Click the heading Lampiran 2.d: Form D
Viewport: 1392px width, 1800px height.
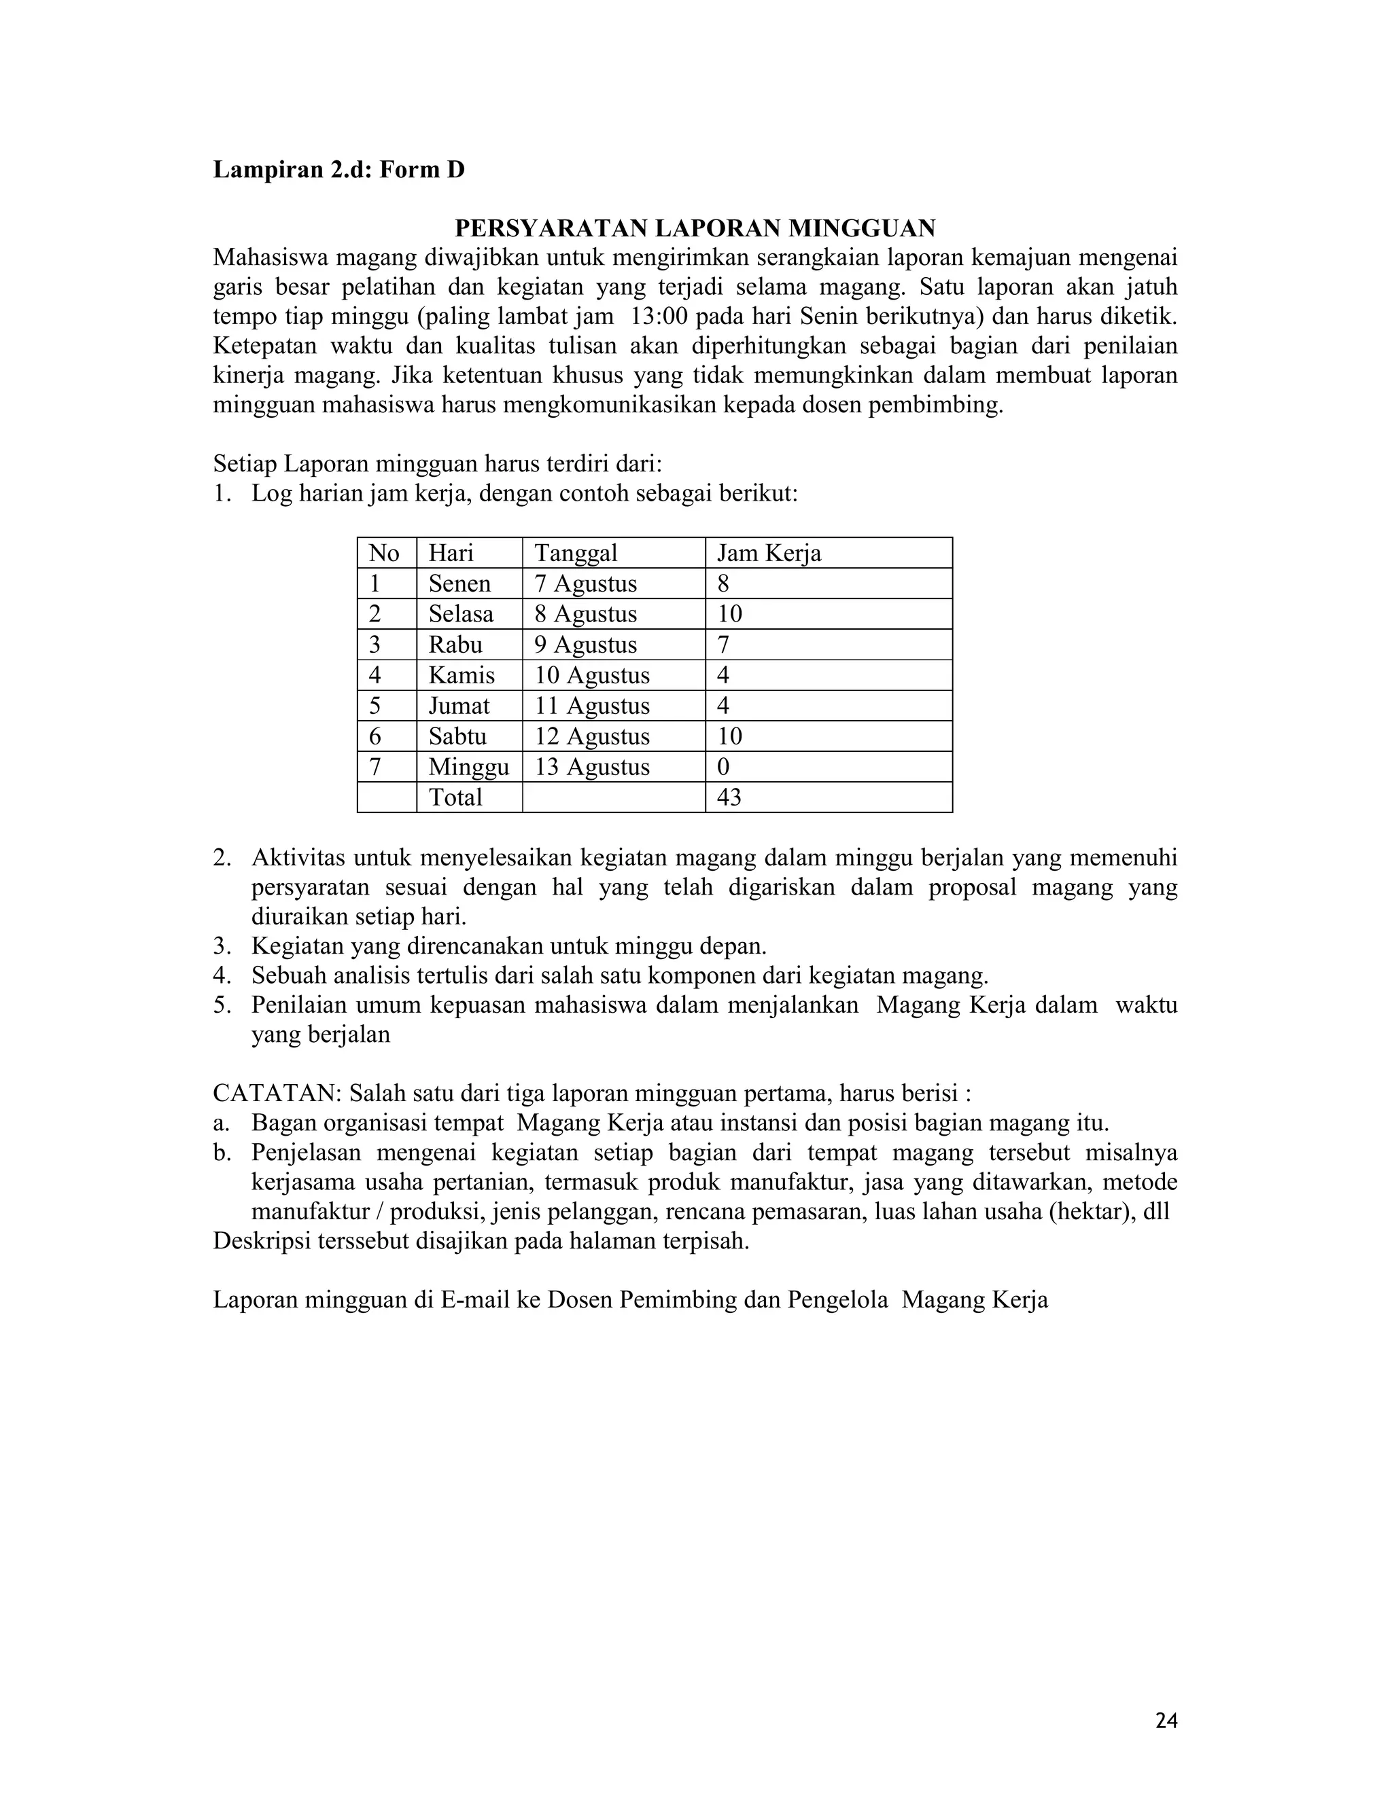339,170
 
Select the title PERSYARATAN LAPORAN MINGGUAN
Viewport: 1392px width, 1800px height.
695,228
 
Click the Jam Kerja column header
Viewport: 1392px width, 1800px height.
769,553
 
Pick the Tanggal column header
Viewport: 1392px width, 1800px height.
576,553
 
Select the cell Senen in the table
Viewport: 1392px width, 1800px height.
459,583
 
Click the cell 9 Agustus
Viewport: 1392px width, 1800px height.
585,645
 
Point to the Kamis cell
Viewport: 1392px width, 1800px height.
461,675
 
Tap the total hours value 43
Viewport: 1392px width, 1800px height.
729,797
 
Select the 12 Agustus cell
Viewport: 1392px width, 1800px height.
591,736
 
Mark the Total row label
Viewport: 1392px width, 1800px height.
455,797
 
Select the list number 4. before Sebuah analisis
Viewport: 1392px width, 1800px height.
222,976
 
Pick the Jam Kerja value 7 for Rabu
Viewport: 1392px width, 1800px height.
723,645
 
